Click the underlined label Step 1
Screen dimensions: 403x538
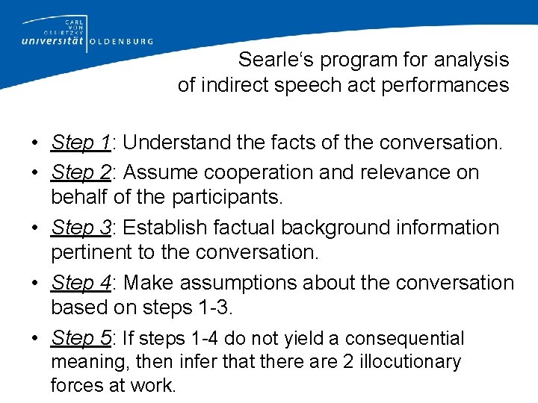81,143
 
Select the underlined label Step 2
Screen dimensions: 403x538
81,172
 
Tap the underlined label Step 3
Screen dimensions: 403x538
81,228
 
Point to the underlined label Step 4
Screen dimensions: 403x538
81,283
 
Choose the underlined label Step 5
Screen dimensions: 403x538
81,338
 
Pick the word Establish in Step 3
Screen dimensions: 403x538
164,228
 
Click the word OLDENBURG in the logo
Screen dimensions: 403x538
122,42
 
